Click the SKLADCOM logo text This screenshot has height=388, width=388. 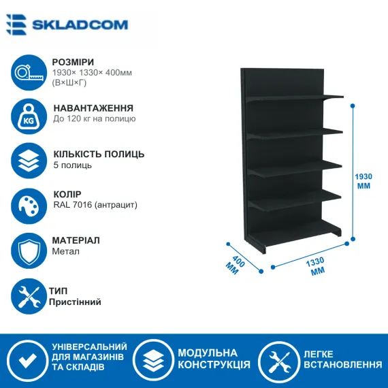coord(80,25)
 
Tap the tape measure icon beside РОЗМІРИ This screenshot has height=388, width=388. coord(29,73)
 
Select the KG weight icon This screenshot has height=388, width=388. coord(29,116)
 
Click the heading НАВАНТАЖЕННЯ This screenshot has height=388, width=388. coord(93,108)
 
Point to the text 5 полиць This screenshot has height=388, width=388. coord(73,165)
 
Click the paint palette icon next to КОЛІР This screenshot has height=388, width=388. coord(29,206)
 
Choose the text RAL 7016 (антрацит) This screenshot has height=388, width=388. coord(95,205)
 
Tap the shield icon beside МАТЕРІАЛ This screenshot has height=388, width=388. coord(29,250)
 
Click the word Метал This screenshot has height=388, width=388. coord(65,251)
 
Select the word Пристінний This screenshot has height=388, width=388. coord(75,302)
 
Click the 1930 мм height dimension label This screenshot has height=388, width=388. coord(363,181)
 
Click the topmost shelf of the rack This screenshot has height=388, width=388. coord(295,98)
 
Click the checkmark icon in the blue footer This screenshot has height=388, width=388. coord(27,361)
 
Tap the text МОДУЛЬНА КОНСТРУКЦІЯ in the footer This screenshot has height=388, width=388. coord(214,359)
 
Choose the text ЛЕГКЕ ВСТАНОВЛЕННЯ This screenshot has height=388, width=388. coord(342,359)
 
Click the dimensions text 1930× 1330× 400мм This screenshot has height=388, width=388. coord(92,73)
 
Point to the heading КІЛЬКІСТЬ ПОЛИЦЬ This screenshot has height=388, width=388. coord(99,154)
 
